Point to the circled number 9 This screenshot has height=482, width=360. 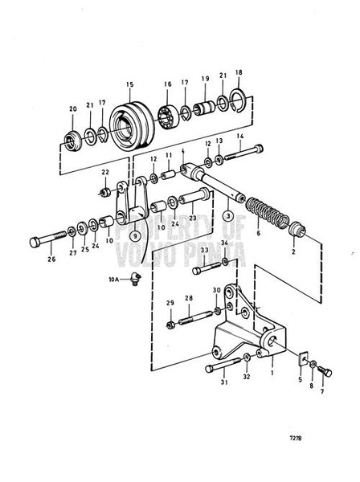click(135, 236)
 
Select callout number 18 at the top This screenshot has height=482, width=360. click(238, 72)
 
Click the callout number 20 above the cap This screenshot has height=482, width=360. click(73, 108)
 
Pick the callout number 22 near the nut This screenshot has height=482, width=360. click(106, 172)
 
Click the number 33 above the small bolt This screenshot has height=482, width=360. click(203, 251)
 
